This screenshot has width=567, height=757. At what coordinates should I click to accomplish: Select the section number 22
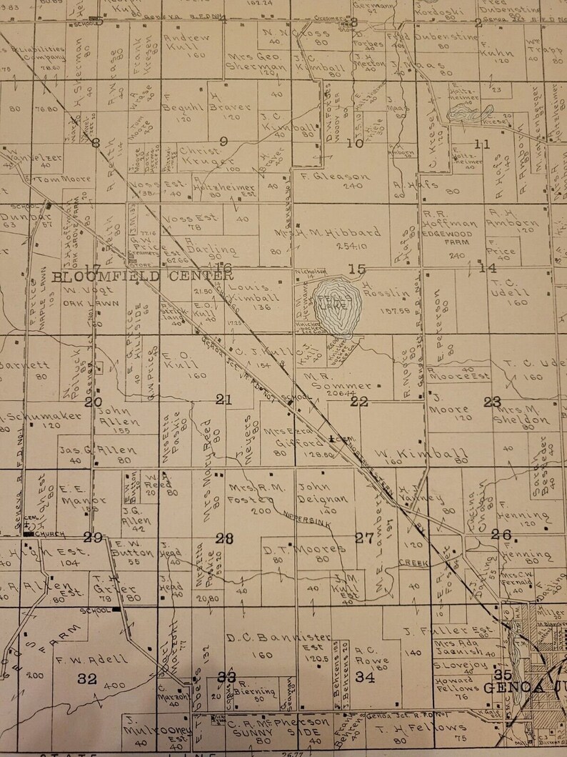coord(358,402)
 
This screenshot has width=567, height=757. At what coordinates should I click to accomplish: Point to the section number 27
coord(364,538)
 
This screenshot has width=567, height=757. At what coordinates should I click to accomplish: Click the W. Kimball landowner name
coord(421,453)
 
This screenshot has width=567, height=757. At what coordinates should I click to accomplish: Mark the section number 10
coord(355,143)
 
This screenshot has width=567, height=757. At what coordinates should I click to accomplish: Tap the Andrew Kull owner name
coord(186,44)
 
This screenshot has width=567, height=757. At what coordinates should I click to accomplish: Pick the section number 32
coord(87,678)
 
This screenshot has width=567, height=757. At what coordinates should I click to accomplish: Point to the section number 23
coord(492,402)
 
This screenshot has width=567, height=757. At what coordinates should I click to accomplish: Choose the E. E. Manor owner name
coord(74,491)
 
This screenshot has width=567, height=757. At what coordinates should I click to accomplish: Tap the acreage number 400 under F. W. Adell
coord(114,685)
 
